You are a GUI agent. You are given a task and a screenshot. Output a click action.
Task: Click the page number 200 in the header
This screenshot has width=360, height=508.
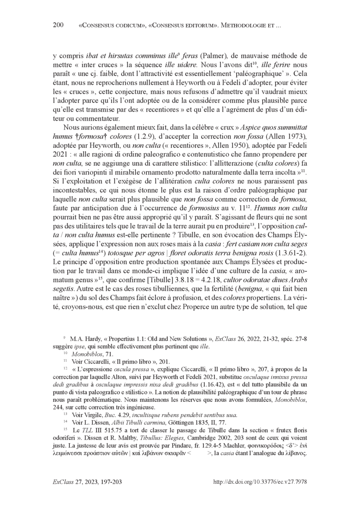pyautogui.click(x=58, y=25)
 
